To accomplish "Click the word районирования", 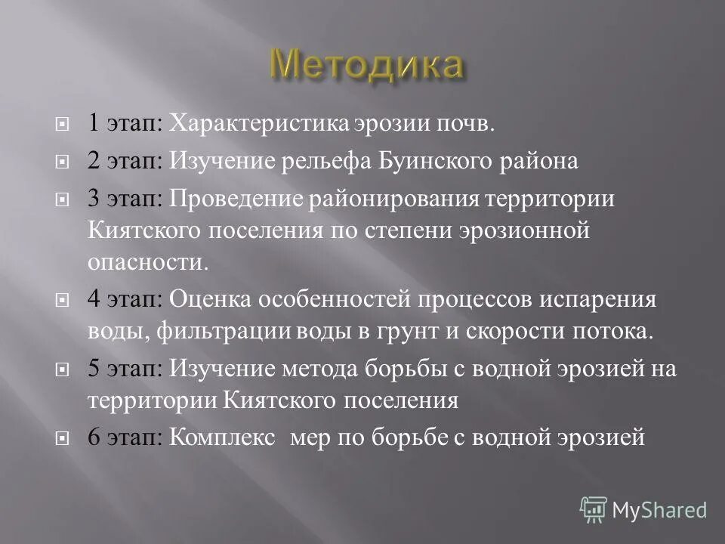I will [393, 199].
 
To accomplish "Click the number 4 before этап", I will [93, 300].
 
